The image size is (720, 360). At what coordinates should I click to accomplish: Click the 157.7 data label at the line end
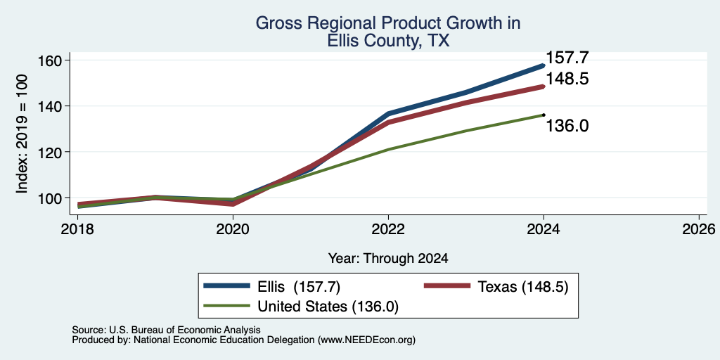pos(567,58)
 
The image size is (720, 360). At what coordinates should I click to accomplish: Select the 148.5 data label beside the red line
pos(567,79)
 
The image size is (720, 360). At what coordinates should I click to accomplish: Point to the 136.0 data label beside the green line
pos(567,126)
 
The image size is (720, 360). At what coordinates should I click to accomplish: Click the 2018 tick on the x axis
pos(77,229)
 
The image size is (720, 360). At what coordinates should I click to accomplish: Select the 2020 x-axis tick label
pos(233,229)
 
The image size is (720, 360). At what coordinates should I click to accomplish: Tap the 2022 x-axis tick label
pos(388,229)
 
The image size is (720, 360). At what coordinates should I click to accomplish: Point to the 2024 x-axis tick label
pos(544,229)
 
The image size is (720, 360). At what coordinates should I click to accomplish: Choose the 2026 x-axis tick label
pos(699,229)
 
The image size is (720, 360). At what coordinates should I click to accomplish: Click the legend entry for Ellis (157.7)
pos(272,287)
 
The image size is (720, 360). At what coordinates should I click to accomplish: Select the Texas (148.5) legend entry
pos(496,287)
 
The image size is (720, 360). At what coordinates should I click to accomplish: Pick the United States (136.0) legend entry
pos(301,307)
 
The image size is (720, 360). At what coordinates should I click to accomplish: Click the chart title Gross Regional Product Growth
pos(388,23)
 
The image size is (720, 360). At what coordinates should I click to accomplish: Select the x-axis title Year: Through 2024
pos(388,259)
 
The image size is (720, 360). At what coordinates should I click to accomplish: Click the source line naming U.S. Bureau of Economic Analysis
pos(166,330)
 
